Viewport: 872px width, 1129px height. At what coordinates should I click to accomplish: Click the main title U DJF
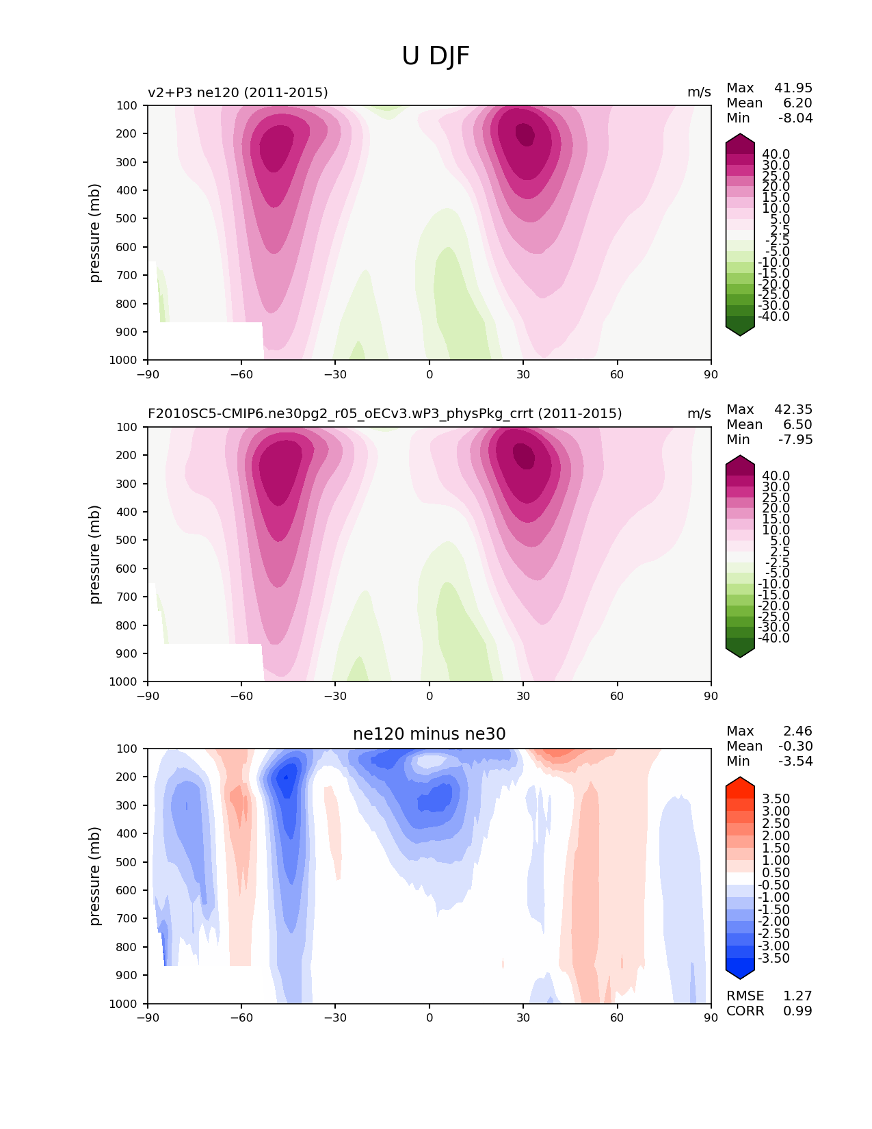click(436, 56)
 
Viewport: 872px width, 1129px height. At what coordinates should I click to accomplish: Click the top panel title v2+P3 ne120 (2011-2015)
click(238, 92)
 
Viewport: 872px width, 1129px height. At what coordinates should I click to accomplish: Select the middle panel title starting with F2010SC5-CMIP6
click(385, 414)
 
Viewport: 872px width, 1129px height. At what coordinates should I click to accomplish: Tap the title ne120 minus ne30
click(429, 734)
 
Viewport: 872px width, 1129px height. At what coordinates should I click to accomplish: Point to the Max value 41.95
click(793, 88)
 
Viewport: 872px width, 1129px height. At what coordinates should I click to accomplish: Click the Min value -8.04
click(795, 118)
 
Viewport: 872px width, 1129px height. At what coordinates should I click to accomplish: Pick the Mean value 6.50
click(798, 425)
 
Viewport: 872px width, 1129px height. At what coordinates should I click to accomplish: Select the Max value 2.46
click(798, 731)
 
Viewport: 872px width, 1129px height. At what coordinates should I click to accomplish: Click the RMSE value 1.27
click(797, 996)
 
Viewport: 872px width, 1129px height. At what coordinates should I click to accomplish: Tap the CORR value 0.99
click(797, 1011)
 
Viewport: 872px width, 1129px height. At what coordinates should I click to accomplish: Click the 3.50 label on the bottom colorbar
click(776, 799)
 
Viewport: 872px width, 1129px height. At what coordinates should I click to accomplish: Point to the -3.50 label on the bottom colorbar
click(774, 959)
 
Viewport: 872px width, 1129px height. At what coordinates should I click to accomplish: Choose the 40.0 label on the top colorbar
click(776, 155)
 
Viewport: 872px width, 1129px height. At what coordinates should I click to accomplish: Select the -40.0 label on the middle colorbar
click(774, 638)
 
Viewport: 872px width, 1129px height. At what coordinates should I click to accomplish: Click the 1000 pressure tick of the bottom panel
click(123, 1004)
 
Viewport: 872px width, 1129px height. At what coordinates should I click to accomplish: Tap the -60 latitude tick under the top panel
click(241, 374)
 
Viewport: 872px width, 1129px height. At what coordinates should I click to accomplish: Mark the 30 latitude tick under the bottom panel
click(523, 1017)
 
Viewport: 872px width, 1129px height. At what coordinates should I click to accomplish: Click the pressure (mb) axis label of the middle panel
click(95, 554)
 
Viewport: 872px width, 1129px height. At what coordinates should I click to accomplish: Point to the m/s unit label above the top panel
click(699, 92)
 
